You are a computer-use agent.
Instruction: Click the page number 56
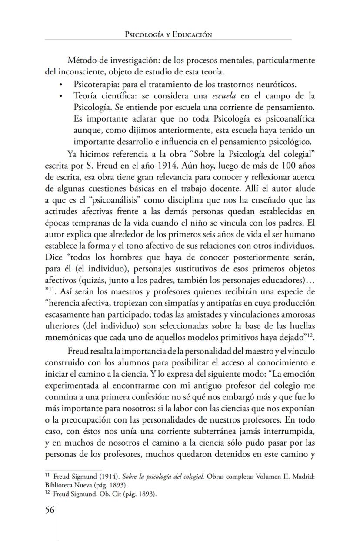[x=49, y=510]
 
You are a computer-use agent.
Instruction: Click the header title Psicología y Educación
[x=168, y=34]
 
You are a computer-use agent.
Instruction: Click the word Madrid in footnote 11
[x=303, y=477]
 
